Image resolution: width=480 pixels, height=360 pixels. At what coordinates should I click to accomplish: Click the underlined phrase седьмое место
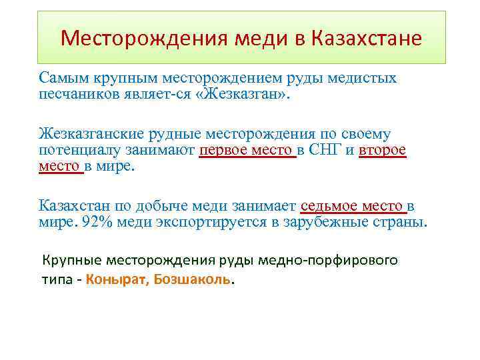point(353,206)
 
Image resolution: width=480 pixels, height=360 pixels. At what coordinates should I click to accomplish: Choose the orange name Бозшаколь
point(193,279)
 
